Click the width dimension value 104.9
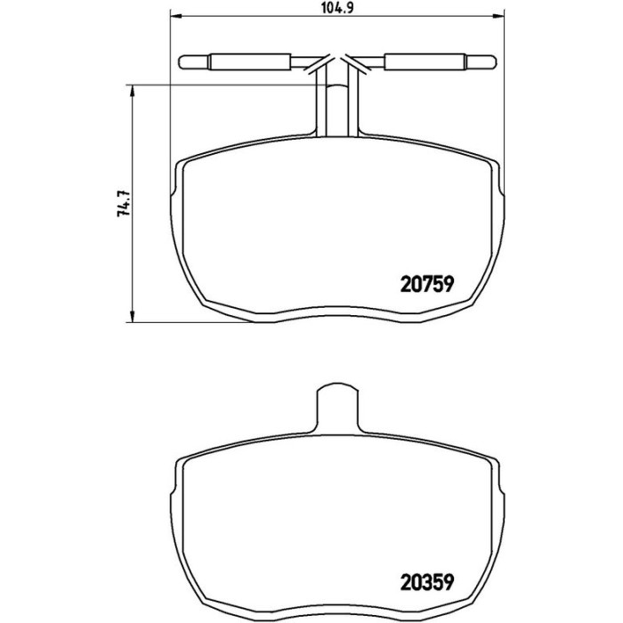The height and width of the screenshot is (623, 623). click(x=337, y=7)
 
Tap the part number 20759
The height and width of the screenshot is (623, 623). click(x=427, y=285)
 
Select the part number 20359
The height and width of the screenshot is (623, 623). click(x=427, y=582)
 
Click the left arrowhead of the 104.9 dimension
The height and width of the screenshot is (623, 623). click(x=175, y=16)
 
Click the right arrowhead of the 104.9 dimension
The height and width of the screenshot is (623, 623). click(x=498, y=16)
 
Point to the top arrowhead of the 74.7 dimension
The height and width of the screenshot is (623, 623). click(x=132, y=90)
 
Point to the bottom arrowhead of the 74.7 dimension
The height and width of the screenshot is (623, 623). click(x=132, y=317)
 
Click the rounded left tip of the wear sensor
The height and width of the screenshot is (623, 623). click(x=182, y=62)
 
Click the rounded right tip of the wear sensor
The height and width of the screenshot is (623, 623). click(x=493, y=62)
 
